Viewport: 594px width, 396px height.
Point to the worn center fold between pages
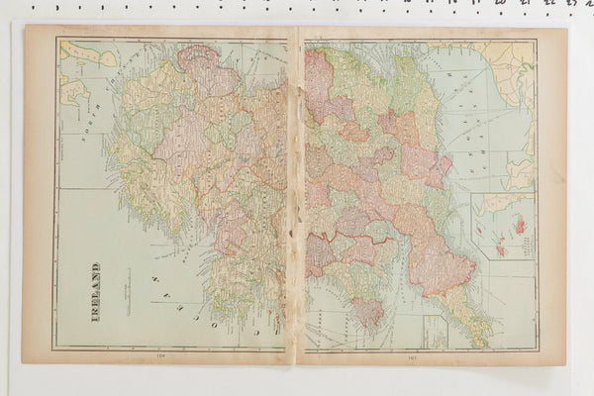coord(295,198)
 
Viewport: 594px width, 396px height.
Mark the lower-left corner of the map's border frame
coord(55,347)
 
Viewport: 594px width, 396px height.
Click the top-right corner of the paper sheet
coord(565,27)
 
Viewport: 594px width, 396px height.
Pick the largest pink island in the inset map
coord(519,227)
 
